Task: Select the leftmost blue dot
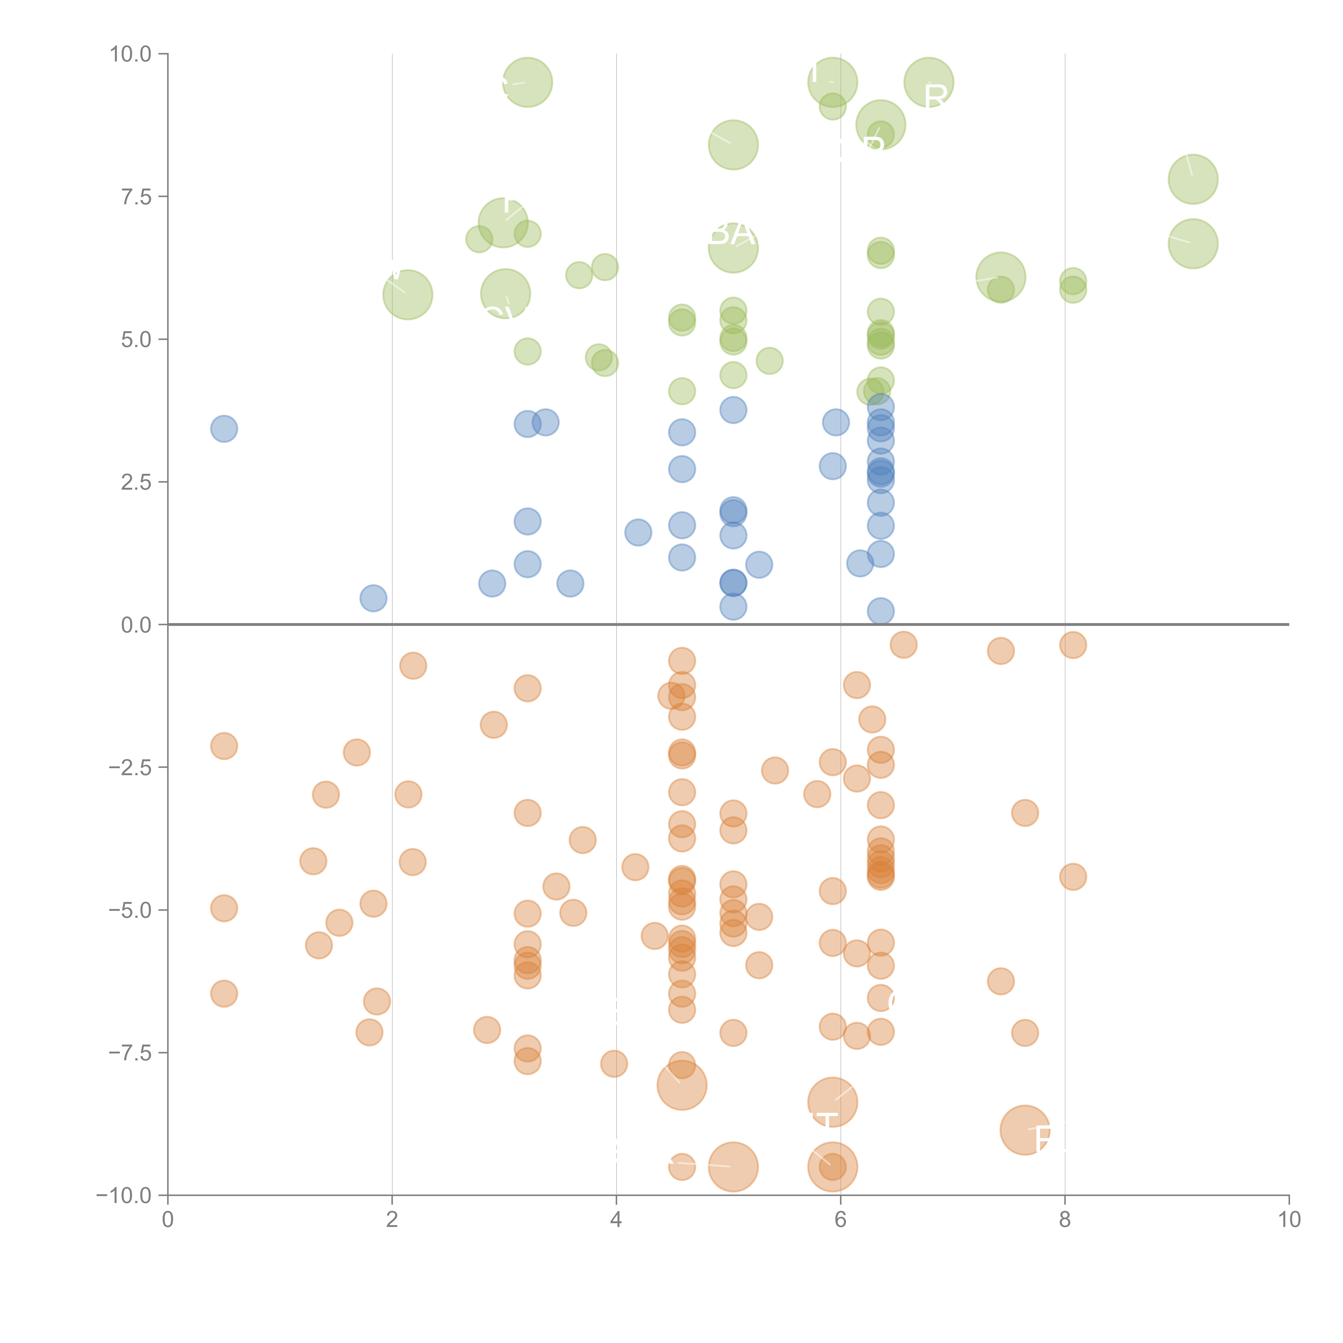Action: coord(224,429)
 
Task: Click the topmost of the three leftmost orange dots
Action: coord(224,746)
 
